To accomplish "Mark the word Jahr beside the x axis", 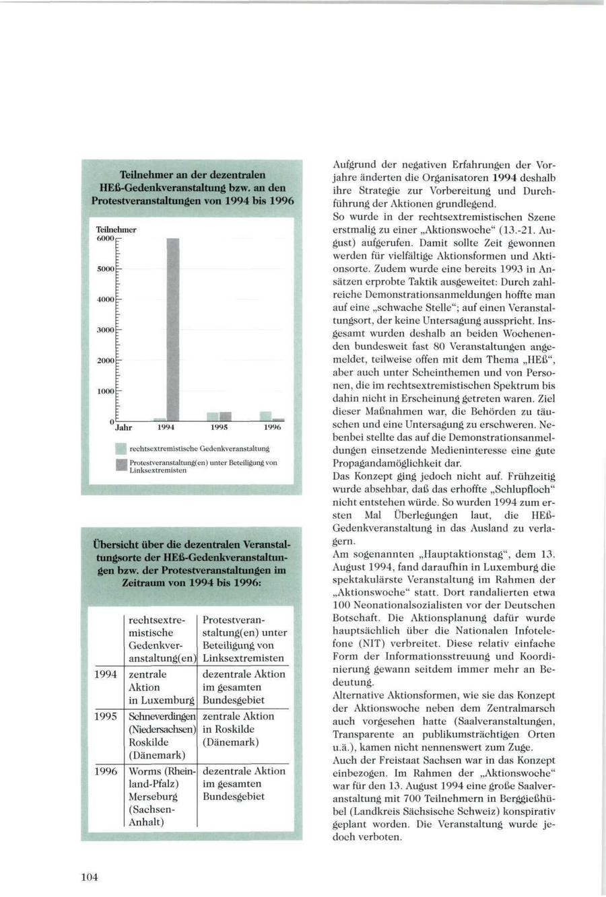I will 123,427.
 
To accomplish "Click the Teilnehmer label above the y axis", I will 116,229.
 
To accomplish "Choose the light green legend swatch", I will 121,447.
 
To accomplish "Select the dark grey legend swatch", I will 121,465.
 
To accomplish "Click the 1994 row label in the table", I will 106,674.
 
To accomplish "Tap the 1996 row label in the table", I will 106,771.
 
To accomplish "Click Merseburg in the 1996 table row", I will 153,797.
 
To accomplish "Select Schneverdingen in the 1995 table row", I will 162,717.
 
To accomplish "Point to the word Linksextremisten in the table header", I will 243,658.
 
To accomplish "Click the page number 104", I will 90,876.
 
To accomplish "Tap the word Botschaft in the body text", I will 356,618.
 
